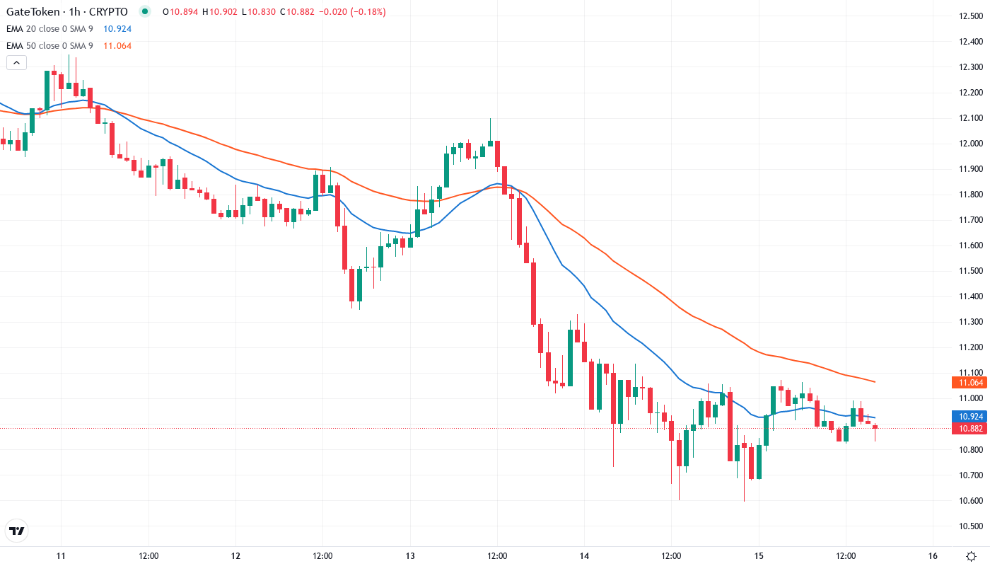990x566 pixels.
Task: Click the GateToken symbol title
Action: coord(67,12)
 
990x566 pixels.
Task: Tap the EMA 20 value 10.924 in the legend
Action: coord(117,29)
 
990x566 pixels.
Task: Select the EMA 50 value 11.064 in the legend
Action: coord(117,46)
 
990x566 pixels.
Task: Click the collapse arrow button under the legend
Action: coord(16,62)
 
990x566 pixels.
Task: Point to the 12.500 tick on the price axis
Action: coord(968,16)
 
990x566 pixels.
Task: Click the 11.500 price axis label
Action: coord(968,271)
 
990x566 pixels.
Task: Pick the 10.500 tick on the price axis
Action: coord(968,526)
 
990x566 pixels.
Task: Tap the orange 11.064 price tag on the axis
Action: coord(969,383)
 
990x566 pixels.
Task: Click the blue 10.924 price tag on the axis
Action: coord(969,417)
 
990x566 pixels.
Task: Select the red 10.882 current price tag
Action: coord(969,429)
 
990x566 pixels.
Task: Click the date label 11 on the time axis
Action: coord(61,555)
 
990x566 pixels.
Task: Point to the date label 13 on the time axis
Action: coord(410,555)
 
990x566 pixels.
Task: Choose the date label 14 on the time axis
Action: coord(584,555)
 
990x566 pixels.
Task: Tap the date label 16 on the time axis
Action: coord(933,555)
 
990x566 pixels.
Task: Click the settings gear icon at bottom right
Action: coord(972,555)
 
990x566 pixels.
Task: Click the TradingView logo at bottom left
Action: coord(17,531)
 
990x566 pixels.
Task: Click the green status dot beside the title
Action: coord(145,11)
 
